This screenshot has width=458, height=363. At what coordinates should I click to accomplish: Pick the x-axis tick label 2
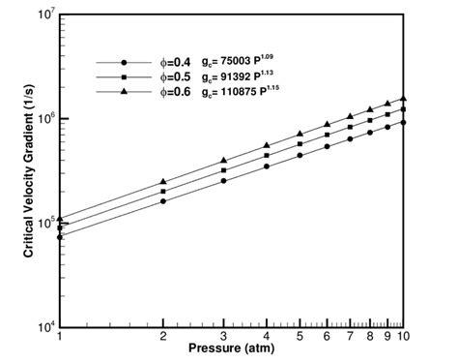click(163, 337)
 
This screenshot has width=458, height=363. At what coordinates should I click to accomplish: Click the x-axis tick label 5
click(301, 337)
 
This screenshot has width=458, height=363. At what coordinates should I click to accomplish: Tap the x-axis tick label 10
click(403, 337)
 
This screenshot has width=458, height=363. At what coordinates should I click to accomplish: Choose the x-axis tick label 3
click(223, 337)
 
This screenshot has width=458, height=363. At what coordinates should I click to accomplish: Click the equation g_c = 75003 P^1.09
click(249, 58)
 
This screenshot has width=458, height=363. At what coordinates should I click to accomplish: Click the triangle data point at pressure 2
click(163, 182)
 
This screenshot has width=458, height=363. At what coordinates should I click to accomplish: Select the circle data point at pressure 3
click(223, 180)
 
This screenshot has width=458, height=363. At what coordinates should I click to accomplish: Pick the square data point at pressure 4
click(267, 156)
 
